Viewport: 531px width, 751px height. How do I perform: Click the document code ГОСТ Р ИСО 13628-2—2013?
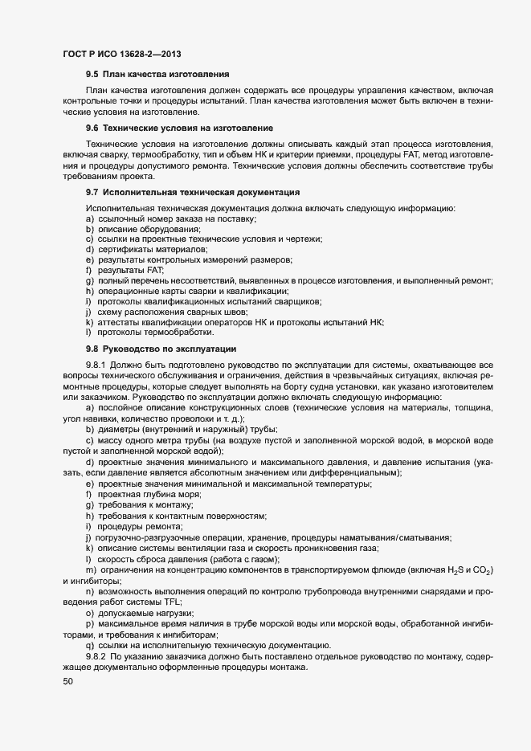[120, 54]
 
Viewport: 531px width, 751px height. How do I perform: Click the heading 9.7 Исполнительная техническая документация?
[193, 193]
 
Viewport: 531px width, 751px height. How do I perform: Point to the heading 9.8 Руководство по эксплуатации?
[161, 349]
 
